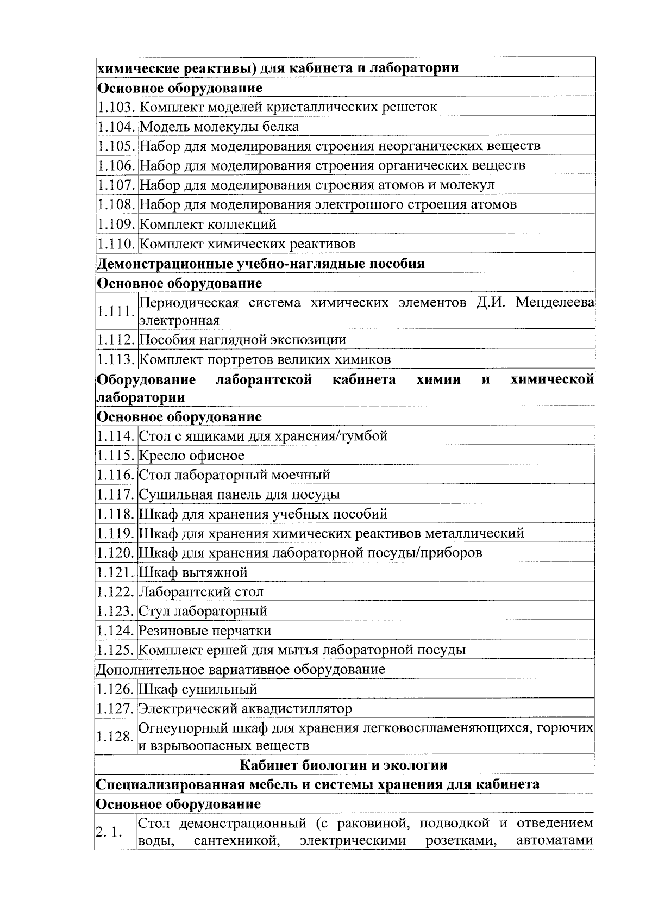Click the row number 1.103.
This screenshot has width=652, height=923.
tap(116, 107)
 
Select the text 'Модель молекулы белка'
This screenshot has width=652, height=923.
tap(219, 127)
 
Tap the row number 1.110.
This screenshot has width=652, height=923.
tap(116, 244)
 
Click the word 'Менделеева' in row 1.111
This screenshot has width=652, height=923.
tap(555, 303)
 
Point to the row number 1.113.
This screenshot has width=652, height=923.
tap(116, 360)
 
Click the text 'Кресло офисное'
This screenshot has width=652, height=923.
tap(192, 456)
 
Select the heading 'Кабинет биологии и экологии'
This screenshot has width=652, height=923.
tap(344, 765)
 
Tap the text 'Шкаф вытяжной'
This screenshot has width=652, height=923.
tap(193, 572)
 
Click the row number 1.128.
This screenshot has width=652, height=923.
tap(115, 737)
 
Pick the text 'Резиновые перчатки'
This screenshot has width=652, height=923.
tap(205, 631)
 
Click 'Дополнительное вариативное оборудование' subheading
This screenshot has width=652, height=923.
tap(241, 670)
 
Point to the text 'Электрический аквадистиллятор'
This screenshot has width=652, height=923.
tap(245, 709)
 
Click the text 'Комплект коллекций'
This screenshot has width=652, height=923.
tap(208, 224)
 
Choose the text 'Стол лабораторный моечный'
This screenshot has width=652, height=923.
tap(235, 475)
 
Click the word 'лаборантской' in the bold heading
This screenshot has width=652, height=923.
tap(264, 379)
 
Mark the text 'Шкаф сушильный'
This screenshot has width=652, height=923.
tap(198, 689)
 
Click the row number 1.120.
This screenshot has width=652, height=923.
tap(116, 553)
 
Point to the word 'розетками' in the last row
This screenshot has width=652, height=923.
tap(461, 856)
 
